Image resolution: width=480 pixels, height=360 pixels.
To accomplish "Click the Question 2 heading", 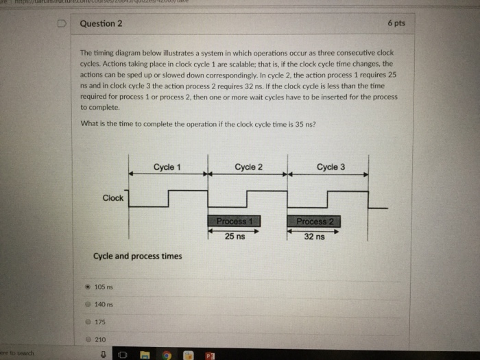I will pyautogui.click(x=101, y=23).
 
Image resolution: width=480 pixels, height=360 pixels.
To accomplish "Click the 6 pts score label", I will pyautogui.click(x=396, y=23).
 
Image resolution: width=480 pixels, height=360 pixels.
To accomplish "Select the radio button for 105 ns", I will pyautogui.click(x=87, y=286).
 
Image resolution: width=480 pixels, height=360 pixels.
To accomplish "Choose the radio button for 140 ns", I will pyautogui.click(x=87, y=304).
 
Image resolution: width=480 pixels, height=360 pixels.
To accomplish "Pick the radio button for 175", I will pyautogui.click(x=87, y=321).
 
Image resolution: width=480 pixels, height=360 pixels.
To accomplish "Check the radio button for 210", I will pyautogui.click(x=87, y=339).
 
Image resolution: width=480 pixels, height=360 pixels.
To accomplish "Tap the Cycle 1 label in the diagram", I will pyautogui.click(x=167, y=167).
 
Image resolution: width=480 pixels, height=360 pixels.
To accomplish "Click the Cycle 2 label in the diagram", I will pyautogui.click(x=248, y=167).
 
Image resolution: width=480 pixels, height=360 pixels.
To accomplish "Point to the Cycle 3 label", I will pyautogui.click(x=331, y=167).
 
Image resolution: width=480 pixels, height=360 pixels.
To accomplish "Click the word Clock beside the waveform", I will pyautogui.click(x=112, y=198).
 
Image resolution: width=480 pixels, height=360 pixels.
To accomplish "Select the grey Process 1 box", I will pyautogui.click(x=235, y=221).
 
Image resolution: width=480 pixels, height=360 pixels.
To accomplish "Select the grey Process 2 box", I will pyautogui.click(x=315, y=221).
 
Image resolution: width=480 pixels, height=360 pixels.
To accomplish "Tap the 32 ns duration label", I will pyautogui.click(x=315, y=237).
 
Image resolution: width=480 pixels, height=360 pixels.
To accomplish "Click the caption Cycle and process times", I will pyautogui.click(x=137, y=256).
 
